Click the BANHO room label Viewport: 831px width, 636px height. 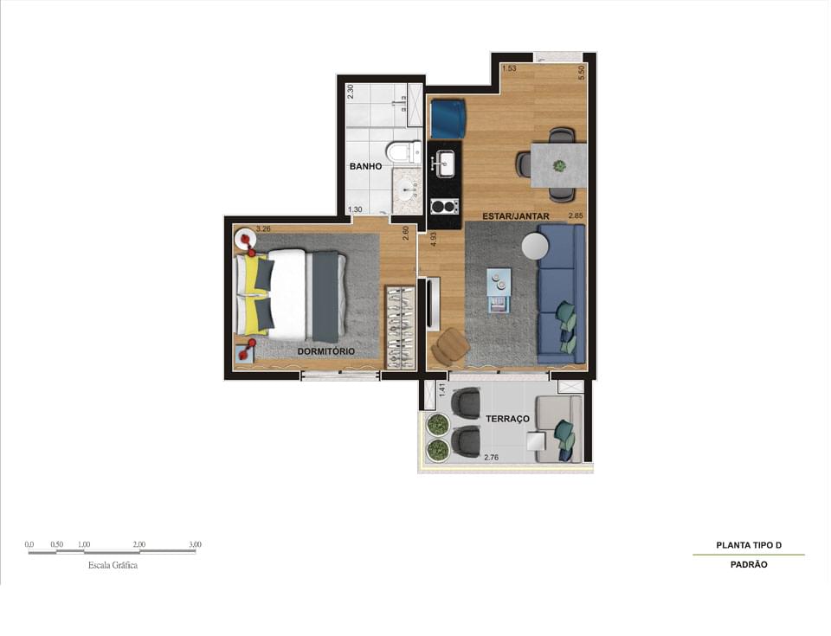365,166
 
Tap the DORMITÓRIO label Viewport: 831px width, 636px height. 326,351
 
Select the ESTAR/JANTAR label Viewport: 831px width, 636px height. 516,216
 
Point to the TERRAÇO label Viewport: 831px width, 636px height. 508,419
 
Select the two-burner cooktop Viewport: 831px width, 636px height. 444,205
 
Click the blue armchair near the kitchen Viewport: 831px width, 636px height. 448,119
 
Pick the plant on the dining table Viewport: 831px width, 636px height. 558,166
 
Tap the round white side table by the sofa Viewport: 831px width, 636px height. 536,247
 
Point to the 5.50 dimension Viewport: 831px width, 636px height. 582,73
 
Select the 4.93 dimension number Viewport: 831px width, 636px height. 433,240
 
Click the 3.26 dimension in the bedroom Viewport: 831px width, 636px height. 263,229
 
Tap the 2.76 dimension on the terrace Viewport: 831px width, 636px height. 492,458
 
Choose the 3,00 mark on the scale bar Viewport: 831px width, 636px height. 195,544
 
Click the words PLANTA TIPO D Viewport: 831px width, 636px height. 749,545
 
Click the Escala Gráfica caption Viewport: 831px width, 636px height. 113,565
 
